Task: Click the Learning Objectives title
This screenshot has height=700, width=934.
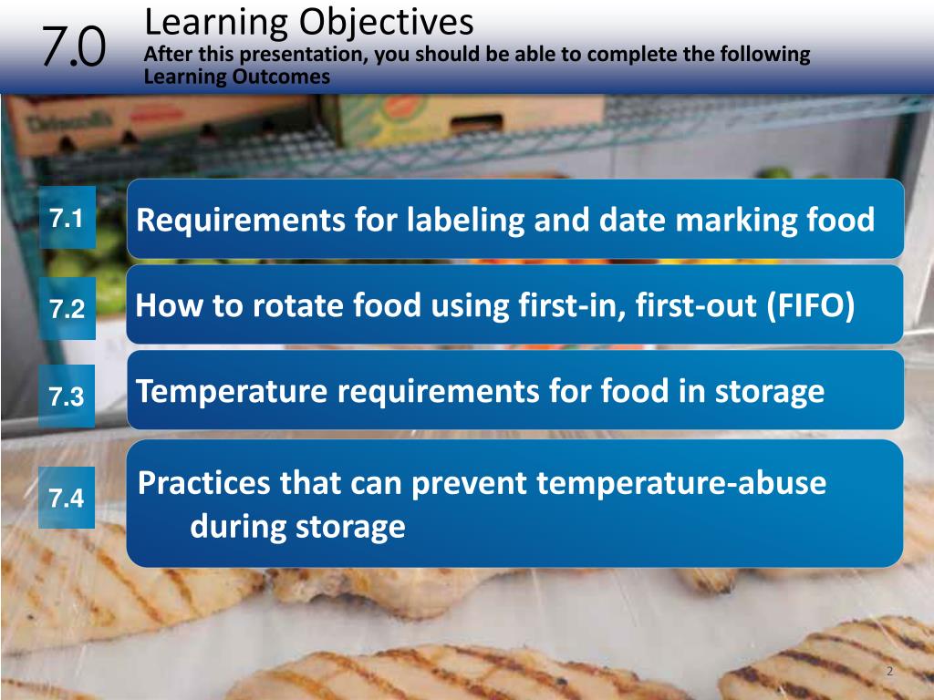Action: coord(309,20)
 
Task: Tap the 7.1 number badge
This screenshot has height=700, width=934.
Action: coord(67,219)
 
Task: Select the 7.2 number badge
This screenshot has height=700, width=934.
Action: coord(67,309)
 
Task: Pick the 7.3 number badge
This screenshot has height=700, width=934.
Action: coord(67,396)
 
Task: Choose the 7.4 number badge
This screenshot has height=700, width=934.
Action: coord(67,498)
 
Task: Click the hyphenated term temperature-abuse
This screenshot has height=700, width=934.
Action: coord(681,484)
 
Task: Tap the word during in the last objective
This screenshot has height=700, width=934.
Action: coord(235,527)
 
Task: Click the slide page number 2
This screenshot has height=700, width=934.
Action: coord(889,672)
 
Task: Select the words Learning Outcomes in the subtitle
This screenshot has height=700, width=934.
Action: coord(237,77)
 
